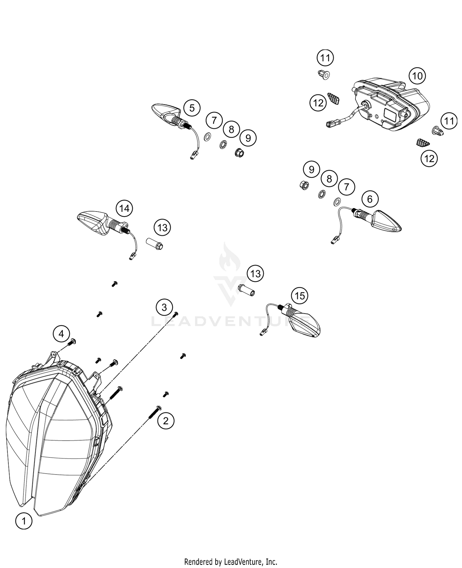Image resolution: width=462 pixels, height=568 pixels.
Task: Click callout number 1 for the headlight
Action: click(x=23, y=521)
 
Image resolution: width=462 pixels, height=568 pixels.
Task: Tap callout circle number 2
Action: click(x=166, y=421)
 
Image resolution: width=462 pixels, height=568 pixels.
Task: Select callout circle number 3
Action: click(x=164, y=307)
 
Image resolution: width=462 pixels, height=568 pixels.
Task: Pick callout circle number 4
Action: click(x=61, y=334)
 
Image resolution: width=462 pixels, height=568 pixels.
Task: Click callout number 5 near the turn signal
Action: click(x=192, y=108)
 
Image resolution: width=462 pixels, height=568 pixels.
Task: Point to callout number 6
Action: click(x=370, y=199)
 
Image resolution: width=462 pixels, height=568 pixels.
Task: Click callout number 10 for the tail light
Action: click(x=417, y=76)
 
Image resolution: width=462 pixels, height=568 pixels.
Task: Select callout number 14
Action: click(x=124, y=209)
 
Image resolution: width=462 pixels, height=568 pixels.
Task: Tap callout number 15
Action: click(x=300, y=296)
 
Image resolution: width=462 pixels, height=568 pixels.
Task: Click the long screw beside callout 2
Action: click(x=154, y=413)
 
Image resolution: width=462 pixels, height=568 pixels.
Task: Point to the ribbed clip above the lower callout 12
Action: click(x=421, y=143)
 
